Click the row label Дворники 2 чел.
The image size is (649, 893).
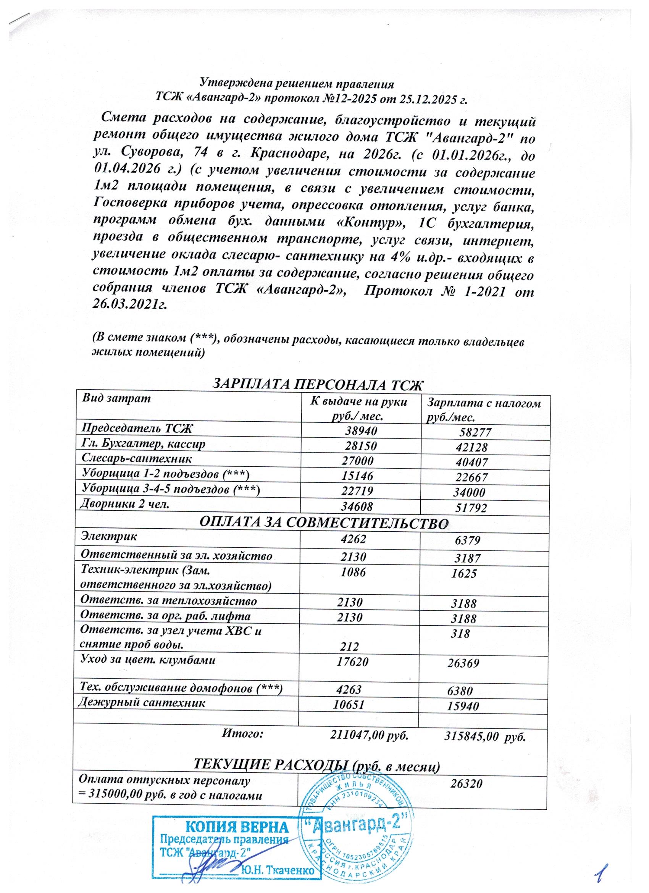(x=125, y=504)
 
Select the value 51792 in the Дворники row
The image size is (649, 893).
(x=471, y=508)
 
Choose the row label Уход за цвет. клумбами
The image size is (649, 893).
(x=148, y=660)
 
